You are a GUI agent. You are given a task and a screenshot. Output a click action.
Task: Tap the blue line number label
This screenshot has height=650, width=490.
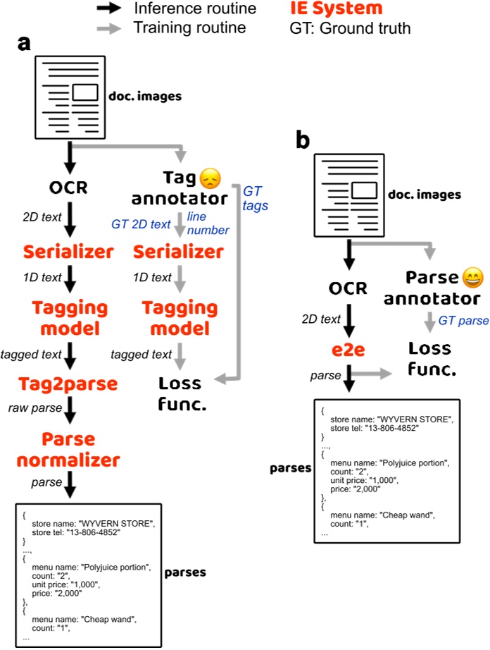(x=211, y=224)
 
